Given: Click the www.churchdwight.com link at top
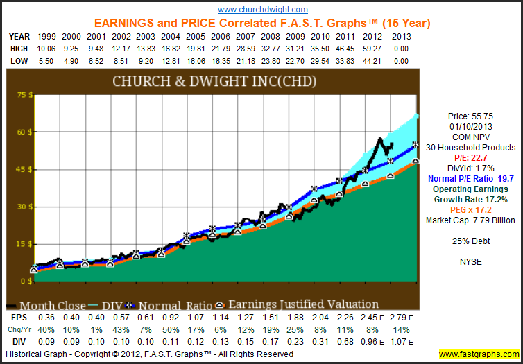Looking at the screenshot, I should point(263,10).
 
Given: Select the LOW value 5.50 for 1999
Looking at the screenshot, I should point(45,62).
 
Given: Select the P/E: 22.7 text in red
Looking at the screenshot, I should point(471,157).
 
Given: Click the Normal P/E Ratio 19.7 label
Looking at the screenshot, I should point(471,179).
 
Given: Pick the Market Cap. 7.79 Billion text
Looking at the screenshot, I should point(471,220).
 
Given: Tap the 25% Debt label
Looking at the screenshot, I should point(471,241).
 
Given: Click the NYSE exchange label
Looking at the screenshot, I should point(471,262).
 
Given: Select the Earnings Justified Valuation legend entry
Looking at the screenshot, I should point(302,304).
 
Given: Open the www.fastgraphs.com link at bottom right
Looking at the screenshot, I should point(477,354).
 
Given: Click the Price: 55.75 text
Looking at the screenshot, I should point(471,116).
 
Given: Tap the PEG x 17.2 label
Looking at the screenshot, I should point(471,210).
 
